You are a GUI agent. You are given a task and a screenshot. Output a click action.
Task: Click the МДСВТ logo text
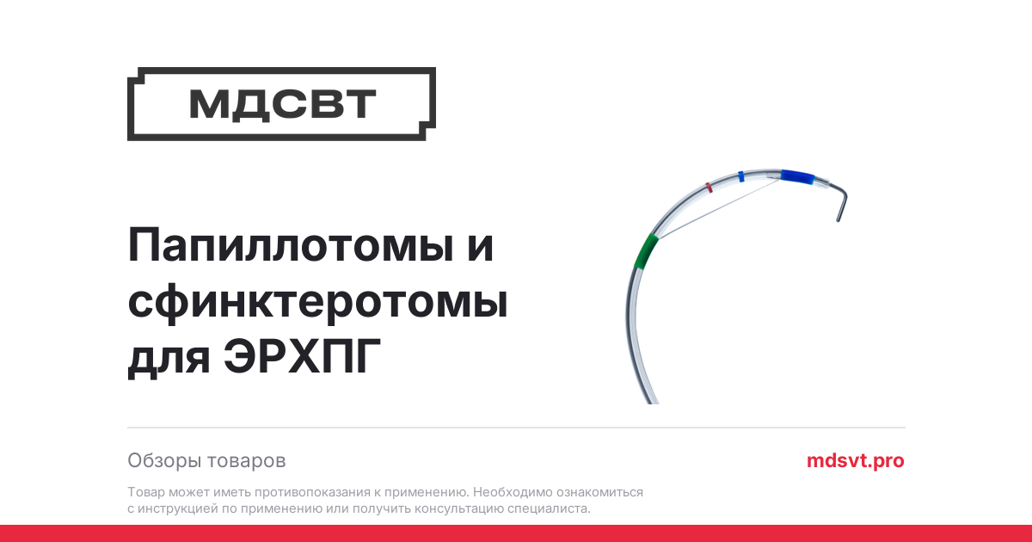pyautogui.click(x=282, y=104)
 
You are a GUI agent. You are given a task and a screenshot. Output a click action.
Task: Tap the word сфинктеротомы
pyautogui.click(x=317, y=302)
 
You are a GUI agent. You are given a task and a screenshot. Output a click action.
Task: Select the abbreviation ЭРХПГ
pyautogui.click(x=302, y=356)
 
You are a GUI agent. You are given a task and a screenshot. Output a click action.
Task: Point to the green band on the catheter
pyautogui.click(x=646, y=251)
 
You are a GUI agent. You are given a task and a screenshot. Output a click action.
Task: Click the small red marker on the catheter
pyautogui.click(x=709, y=188)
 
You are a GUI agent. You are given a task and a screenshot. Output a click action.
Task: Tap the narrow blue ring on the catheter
pyautogui.click(x=740, y=176)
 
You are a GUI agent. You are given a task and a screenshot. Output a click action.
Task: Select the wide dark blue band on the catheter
pyautogui.click(x=797, y=177)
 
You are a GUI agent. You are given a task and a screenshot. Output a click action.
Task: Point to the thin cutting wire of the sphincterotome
pyautogui.click(x=720, y=208)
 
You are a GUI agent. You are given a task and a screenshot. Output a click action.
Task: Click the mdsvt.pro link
pyautogui.click(x=855, y=460)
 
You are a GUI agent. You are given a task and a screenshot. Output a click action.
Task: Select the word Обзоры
pyautogui.click(x=164, y=460)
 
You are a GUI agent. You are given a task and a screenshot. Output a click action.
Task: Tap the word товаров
pyautogui.click(x=247, y=461)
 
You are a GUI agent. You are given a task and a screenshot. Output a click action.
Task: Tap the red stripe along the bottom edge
pyautogui.click(x=516, y=533)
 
